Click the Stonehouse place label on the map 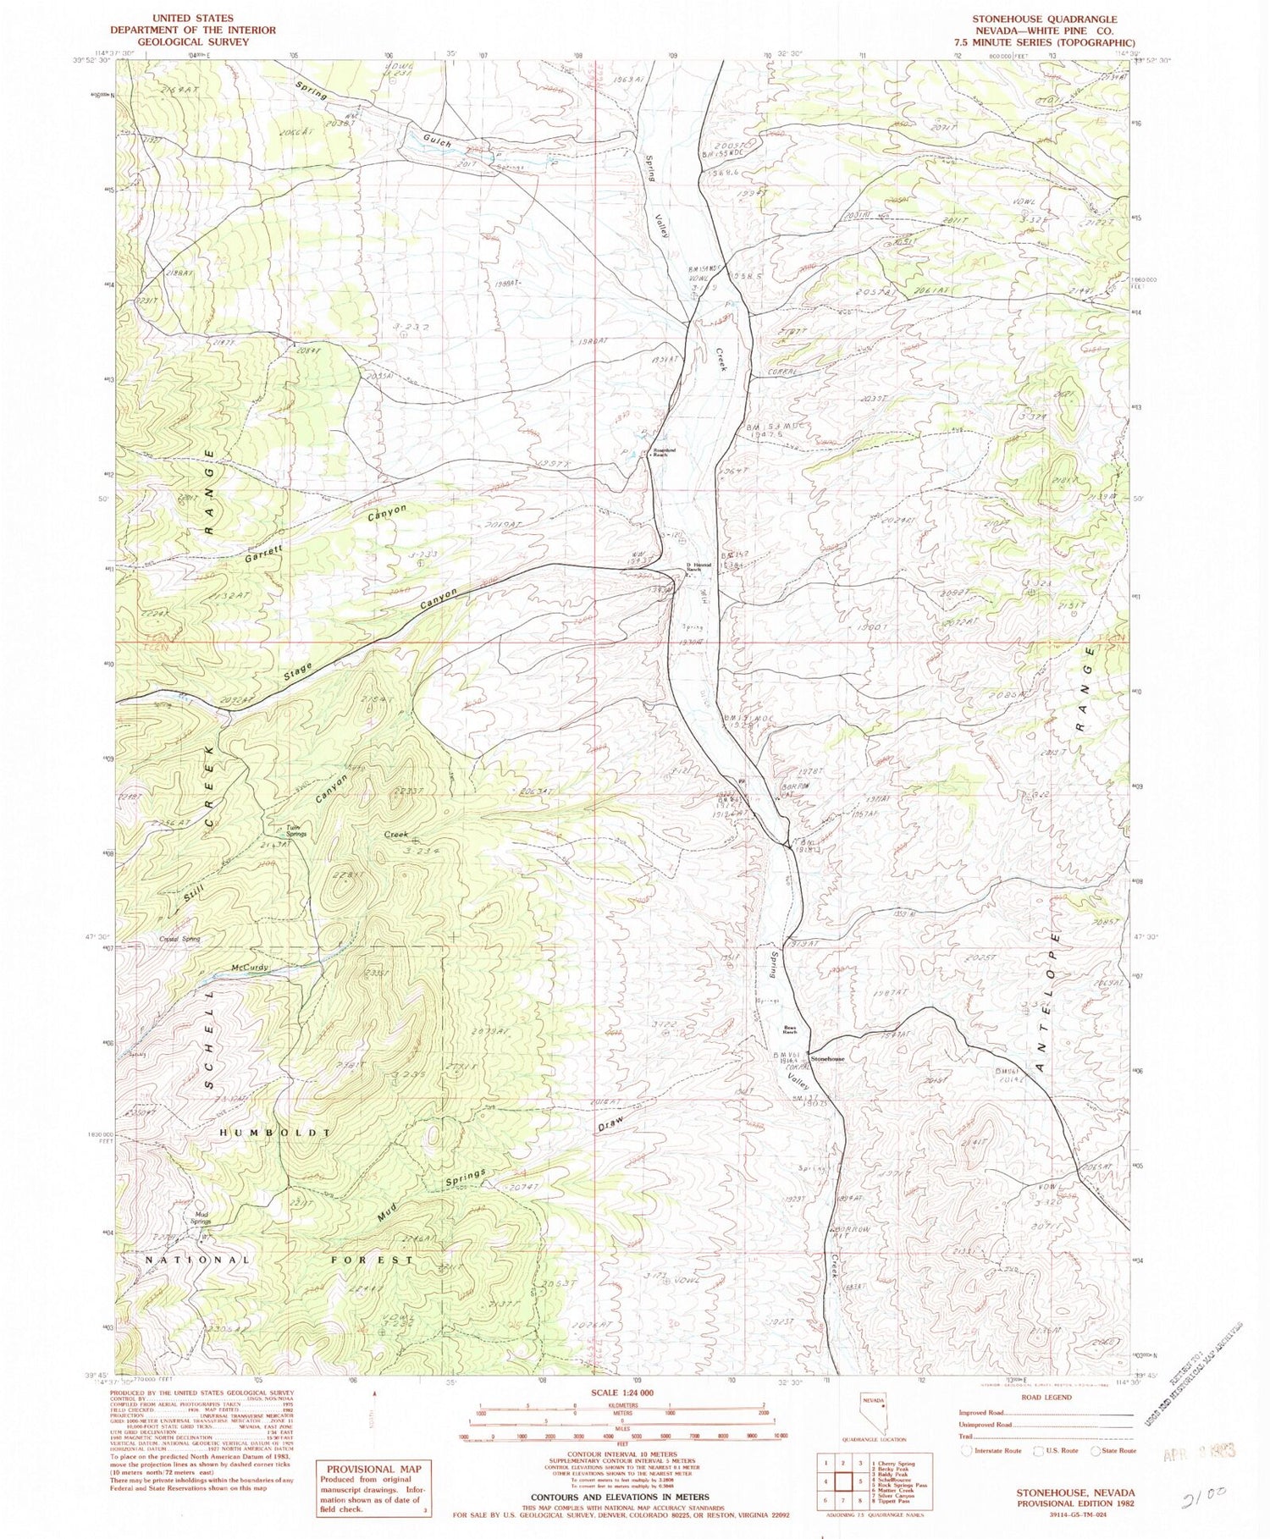coord(827,1059)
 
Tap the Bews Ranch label coord(790,1031)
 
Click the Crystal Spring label coord(179,939)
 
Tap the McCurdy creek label coord(249,968)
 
